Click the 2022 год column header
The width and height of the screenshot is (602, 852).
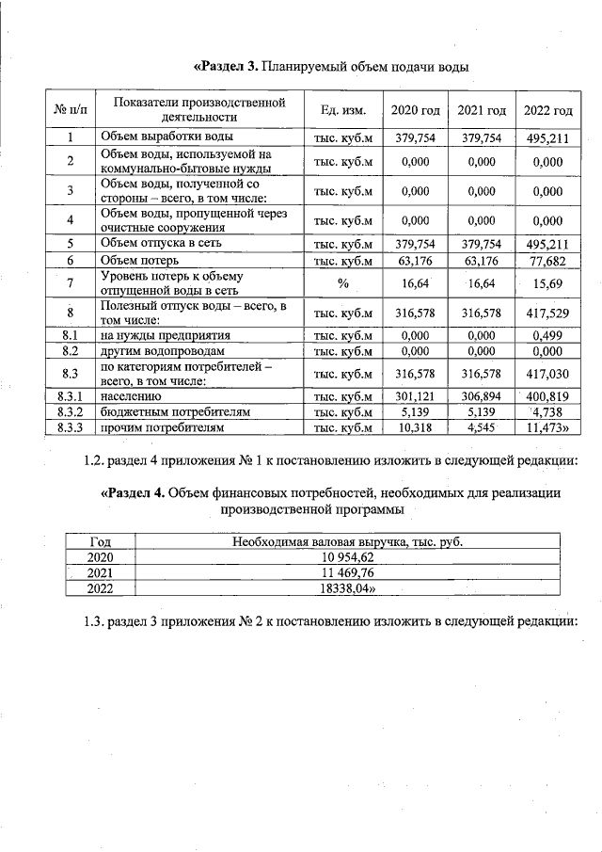click(548, 110)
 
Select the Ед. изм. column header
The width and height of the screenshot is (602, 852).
click(342, 110)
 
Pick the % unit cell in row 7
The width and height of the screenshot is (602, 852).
click(342, 281)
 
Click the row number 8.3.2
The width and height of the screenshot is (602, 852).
click(71, 411)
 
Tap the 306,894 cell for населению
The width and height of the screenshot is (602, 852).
click(482, 396)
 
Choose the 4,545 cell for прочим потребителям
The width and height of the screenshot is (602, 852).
click(482, 427)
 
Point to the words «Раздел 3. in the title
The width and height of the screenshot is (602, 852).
click(226, 67)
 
